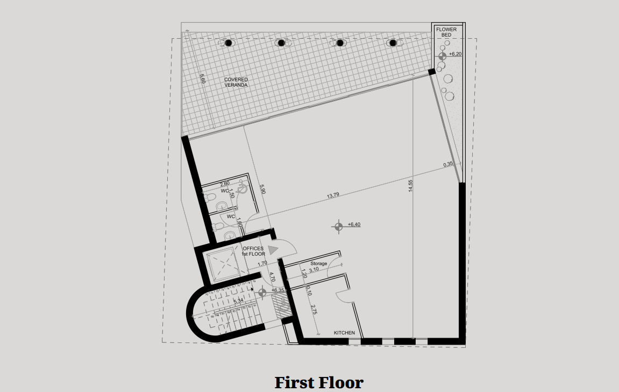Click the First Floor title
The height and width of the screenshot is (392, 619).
pos(319,382)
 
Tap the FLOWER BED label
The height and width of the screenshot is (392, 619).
pos(446,32)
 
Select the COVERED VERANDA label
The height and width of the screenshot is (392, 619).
pos(236,82)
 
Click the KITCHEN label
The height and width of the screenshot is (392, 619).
pos(344,333)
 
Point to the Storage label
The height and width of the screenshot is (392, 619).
pos(318,263)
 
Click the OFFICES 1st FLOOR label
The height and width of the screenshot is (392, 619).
pos(253,251)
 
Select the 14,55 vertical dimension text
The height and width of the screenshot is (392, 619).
pos(410,186)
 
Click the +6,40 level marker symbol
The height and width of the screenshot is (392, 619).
pos(338,226)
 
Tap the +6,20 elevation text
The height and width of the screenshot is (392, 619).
pos(456,54)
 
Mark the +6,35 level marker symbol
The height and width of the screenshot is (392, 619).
pos(262,292)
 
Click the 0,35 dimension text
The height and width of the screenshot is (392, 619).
pos(449,164)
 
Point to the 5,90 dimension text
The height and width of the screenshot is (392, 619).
pos(262,190)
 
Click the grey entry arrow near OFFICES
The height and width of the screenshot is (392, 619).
pos(273,249)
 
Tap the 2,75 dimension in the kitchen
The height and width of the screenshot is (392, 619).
pos(314,310)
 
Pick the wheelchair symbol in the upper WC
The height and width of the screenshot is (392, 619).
pos(242,188)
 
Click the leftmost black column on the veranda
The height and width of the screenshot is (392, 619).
pos(228,43)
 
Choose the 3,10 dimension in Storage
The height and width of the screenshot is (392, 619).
pos(315,270)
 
